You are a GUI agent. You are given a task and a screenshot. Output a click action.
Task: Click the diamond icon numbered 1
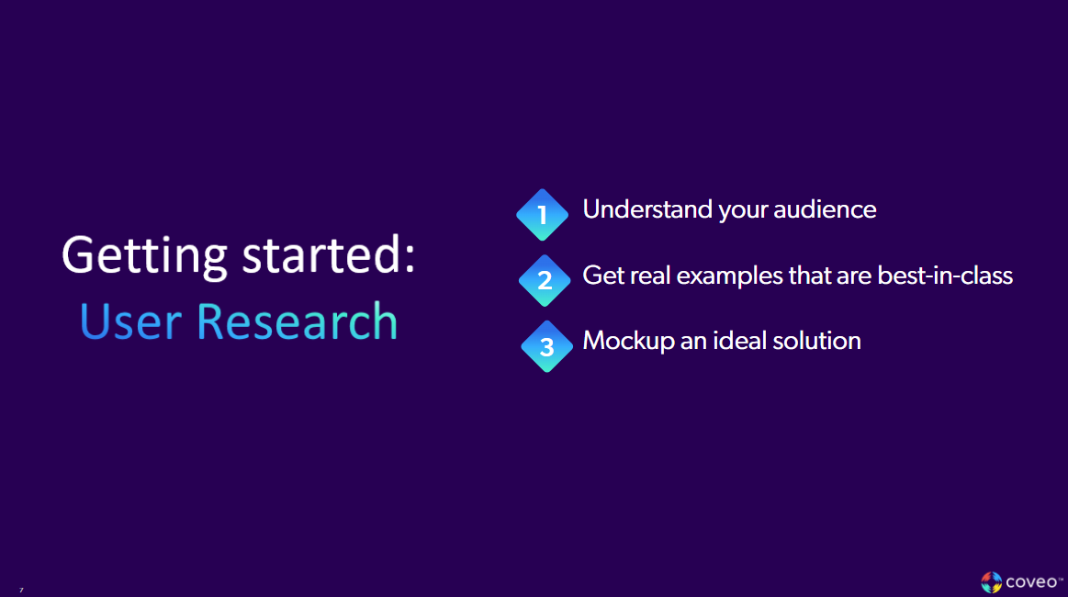tap(542, 215)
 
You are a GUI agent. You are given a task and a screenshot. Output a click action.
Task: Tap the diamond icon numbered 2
tap(545, 280)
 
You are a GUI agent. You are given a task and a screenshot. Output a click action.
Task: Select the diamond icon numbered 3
tap(546, 346)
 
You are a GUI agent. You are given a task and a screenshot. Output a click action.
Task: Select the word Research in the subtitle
tap(297, 321)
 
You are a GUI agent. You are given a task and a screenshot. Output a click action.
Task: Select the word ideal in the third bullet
tap(722, 341)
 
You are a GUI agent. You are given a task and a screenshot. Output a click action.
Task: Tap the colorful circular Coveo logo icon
tap(991, 582)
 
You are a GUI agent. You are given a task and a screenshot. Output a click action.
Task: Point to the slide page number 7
tap(21, 590)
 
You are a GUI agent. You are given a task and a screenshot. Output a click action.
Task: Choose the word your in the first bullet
tap(743, 210)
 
